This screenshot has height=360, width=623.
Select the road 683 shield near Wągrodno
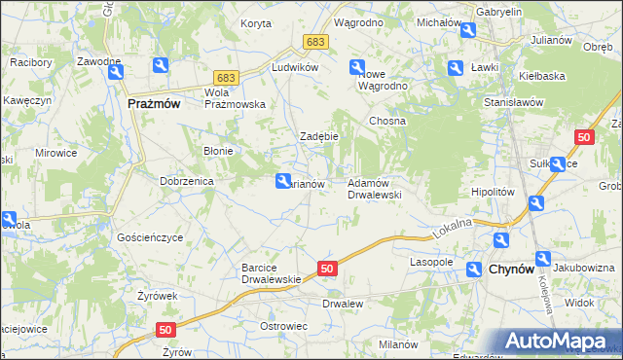[x=314, y=43]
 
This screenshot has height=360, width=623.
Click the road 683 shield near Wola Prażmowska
[x=227, y=77]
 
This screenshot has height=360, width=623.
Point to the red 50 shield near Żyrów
[x=165, y=331]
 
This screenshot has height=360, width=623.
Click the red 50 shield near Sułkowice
[x=584, y=139]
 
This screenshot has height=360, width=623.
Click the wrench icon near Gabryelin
[x=468, y=32]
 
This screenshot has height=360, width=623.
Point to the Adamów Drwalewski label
[x=375, y=189]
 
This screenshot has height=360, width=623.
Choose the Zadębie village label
[x=318, y=136]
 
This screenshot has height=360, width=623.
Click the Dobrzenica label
[x=187, y=181]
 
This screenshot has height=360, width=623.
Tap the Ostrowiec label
[x=283, y=325]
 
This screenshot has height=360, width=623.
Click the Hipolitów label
[x=492, y=193]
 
